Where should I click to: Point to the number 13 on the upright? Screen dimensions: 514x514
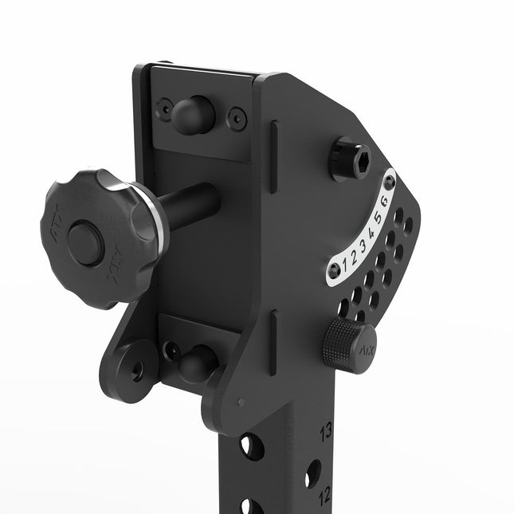pos(325,433)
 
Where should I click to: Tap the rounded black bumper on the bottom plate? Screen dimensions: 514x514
pos(198,363)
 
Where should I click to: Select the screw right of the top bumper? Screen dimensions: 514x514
pos(237,119)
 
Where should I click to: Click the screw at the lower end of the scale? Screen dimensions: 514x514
pos(334,271)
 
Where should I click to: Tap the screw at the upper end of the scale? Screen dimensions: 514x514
pos(389,182)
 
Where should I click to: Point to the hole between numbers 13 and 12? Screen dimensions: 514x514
pos(312,472)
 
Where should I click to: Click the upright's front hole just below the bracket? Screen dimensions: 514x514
pos(251,446)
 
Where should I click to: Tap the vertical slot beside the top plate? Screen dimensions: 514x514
pos(273,157)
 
